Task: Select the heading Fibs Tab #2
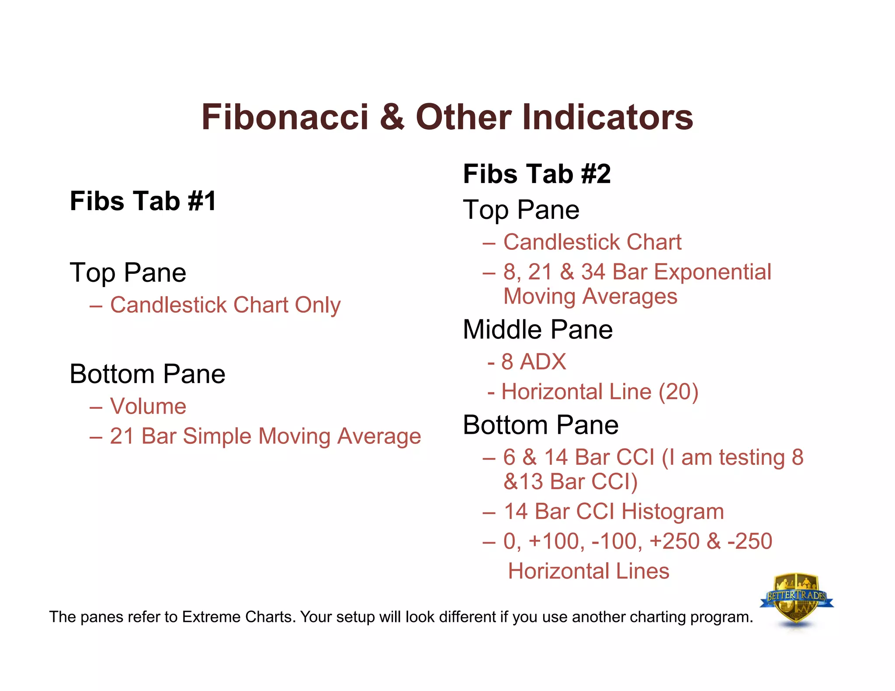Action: [537, 174]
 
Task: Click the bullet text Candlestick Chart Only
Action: [225, 305]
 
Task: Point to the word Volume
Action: [148, 406]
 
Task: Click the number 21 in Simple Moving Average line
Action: [122, 436]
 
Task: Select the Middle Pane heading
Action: [538, 329]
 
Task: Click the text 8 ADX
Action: [533, 362]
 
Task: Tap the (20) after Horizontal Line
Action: [678, 391]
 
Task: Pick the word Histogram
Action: [673, 511]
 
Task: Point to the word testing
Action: [752, 457]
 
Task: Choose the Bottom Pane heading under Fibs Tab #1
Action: [147, 374]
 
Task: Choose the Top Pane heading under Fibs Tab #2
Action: [521, 210]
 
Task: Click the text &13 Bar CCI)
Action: [570, 482]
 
